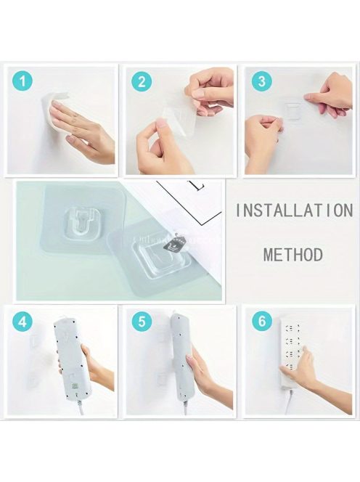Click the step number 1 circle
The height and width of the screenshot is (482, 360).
click(x=22, y=82)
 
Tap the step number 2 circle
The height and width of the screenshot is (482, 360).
click(x=142, y=82)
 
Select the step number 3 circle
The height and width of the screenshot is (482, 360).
click(x=261, y=82)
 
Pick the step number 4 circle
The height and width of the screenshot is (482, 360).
click(x=22, y=322)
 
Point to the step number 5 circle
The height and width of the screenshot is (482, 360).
click(x=142, y=322)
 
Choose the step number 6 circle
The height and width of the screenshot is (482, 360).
click(x=261, y=322)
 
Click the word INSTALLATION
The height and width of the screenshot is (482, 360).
click(x=294, y=211)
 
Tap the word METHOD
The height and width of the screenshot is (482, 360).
click(x=293, y=255)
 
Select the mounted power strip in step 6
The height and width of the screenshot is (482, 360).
click(x=290, y=354)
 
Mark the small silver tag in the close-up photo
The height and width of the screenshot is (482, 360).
click(x=176, y=245)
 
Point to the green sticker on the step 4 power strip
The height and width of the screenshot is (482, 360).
click(x=75, y=386)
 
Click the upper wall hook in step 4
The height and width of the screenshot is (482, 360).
click(x=34, y=340)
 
